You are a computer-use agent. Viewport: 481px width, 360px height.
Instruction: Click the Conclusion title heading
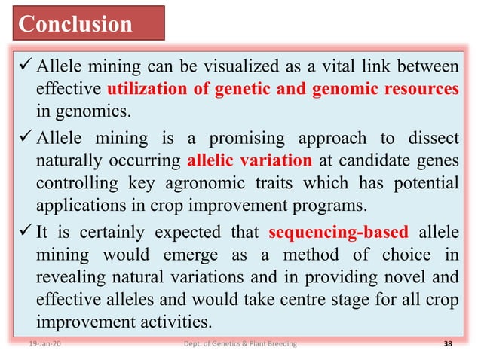(x=75, y=24)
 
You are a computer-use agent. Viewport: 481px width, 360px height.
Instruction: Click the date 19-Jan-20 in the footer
(x=32, y=344)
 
